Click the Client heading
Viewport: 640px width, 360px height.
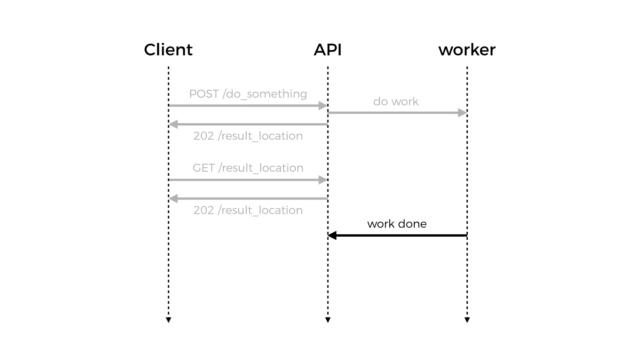click(168, 50)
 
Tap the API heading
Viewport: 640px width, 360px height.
click(327, 50)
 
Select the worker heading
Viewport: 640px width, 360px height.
click(467, 50)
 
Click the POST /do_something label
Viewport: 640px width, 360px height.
click(248, 94)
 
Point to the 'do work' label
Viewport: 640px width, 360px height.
click(396, 102)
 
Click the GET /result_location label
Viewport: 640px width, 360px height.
click(248, 168)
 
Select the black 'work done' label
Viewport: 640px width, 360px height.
click(397, 224)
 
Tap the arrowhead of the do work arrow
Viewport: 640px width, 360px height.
click(462, 113)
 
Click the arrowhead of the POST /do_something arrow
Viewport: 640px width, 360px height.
click(322, 106)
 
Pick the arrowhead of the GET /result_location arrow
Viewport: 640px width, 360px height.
click(322, 180)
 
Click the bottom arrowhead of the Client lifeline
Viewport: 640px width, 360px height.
click(168, 320)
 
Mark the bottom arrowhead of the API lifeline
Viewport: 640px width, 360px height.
click(328, 320)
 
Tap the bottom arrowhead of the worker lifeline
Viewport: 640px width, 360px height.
click(467, 320)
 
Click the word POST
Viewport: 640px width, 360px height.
click(204, 94)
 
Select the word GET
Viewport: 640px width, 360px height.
click(203, 168)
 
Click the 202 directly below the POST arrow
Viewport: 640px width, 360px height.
click(203, 136)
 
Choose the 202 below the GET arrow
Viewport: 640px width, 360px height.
click(203, 210)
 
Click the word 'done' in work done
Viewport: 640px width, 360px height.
click(412, 224)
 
